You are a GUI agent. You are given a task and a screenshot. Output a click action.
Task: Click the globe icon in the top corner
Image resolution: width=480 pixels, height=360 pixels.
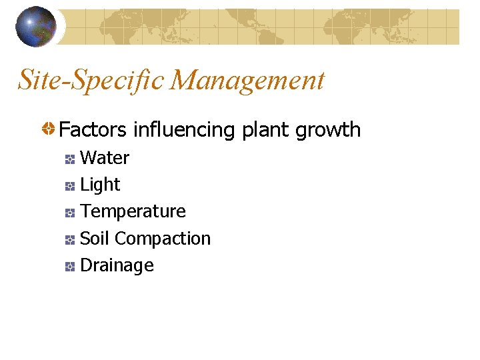point(35,27)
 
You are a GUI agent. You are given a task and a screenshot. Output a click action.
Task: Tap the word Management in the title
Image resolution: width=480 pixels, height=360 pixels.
point(247,81)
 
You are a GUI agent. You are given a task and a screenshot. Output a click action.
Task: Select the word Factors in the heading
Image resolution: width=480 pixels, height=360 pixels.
point(93,129)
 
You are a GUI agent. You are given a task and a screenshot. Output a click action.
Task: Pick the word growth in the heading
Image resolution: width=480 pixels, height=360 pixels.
point(328,129)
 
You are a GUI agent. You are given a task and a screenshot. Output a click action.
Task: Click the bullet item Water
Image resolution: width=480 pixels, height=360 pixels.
point(104,158)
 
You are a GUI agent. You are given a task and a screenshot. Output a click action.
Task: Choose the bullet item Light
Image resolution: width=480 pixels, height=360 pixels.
point(100,185)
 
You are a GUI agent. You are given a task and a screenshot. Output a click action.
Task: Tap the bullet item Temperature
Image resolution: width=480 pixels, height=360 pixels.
point(133,211)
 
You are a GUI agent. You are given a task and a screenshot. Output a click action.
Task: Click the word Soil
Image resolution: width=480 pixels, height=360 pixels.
point(95,238)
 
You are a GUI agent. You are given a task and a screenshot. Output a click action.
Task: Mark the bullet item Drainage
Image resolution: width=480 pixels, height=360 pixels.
point(117,265)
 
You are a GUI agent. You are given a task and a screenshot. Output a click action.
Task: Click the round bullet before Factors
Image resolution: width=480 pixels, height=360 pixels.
point(49,129)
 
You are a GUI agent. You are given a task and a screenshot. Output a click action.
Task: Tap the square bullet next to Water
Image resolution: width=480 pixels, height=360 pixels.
point(69,159)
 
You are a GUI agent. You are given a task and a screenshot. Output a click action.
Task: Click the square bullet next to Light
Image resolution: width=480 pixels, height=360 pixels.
point(69,186)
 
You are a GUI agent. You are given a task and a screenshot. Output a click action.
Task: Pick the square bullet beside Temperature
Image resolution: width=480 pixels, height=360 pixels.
point(69,213)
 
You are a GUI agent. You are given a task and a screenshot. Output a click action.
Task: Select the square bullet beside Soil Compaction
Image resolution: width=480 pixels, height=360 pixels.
point(69,239)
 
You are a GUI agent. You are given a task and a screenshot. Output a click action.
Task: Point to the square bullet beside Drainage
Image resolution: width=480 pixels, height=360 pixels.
point(69,267)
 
